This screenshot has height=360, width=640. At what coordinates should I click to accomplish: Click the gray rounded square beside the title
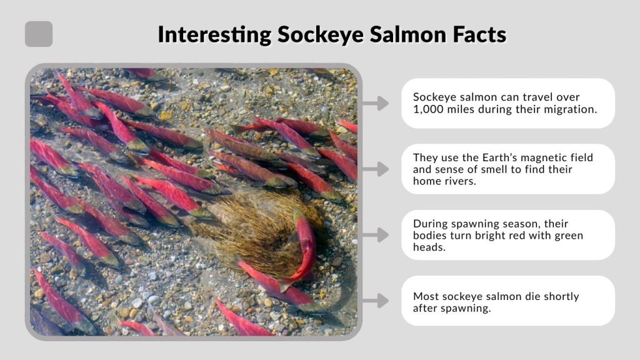coord(39,34)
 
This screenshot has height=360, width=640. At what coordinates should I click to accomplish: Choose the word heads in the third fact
coord(427,247)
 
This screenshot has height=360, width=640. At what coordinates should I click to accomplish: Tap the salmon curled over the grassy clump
coord(304,247)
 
